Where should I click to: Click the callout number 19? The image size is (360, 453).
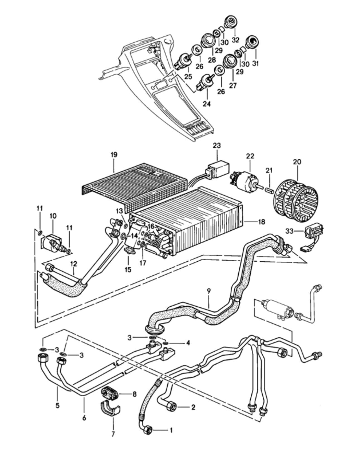[x=114, y=155]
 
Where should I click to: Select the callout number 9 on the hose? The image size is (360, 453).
[x=209, y=291]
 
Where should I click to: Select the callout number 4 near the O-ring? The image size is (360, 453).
[x=188, y=342]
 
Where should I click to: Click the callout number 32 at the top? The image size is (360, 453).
[x=235, y=40]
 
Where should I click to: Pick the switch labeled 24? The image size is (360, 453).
[x=205, y=83]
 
